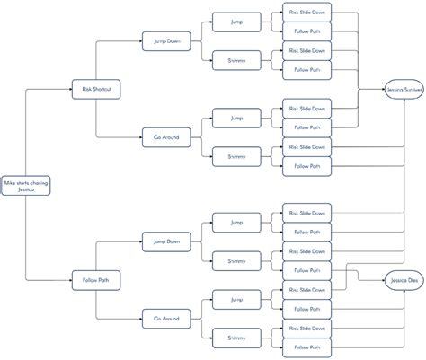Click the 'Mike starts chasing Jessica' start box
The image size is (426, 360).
click(x=25, y=186)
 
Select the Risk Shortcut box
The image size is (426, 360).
click(x=95, y=89)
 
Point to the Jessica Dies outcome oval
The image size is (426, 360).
click(x=404, y=281)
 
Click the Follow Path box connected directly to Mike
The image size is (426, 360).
click(x=95, y=281)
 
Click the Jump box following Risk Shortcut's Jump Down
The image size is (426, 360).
click(x=236, y=20)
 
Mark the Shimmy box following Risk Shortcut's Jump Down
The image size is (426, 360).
click(x=236, y=60)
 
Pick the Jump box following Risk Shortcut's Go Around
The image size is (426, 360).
click(x=236, y=117)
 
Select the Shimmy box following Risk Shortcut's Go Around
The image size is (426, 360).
click(x=236, y=157)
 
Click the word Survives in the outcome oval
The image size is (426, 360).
click(x=411, y=90)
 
